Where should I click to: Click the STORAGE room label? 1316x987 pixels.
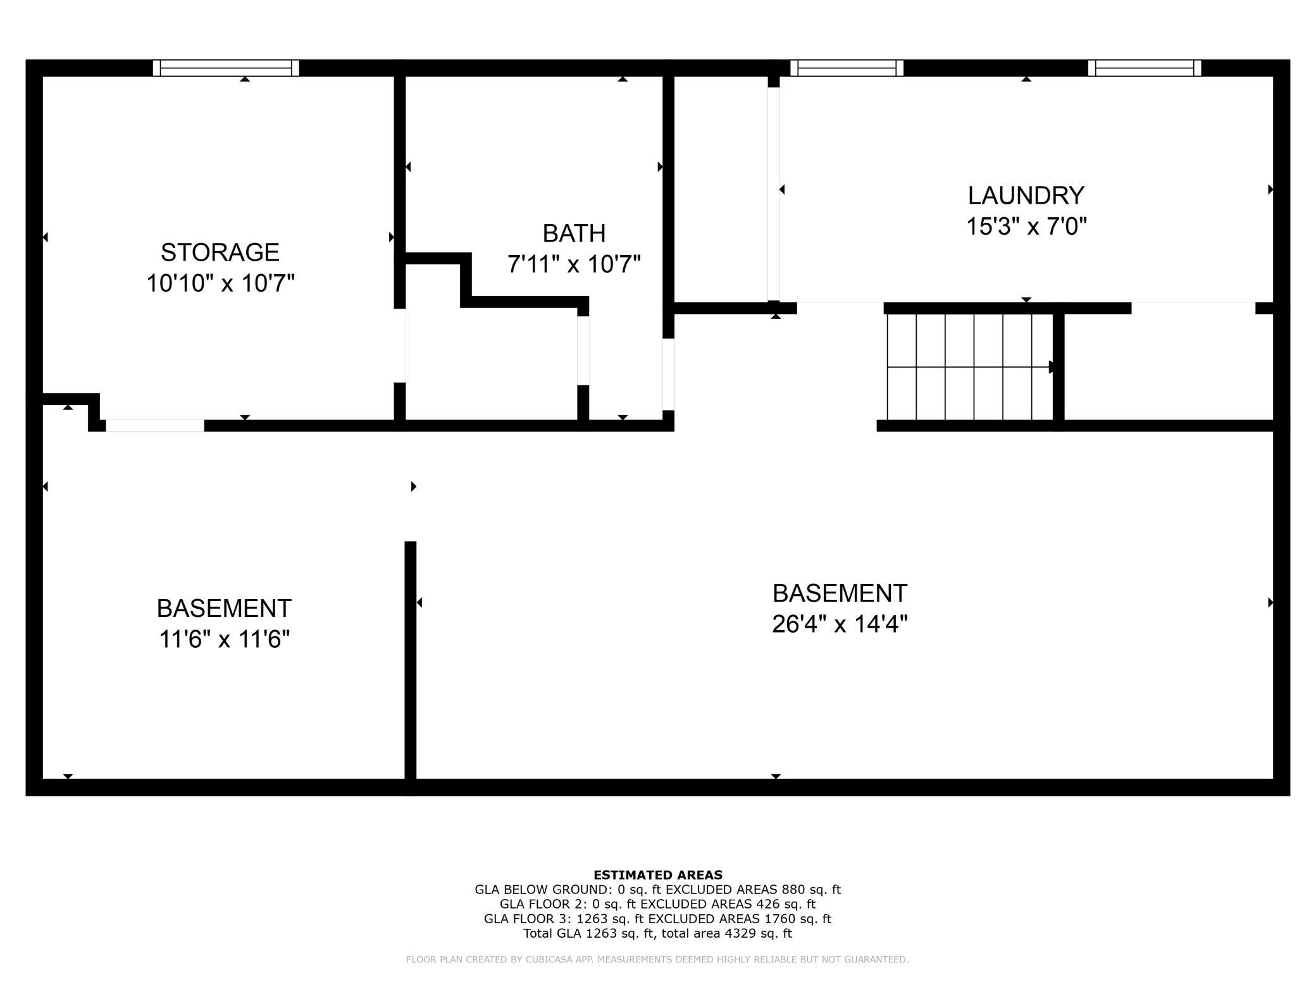(220, 252)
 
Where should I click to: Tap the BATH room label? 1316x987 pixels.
(574, 233)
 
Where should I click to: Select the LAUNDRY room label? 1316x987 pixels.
(1026, 196)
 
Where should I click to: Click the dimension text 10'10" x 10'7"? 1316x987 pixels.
(220, 283)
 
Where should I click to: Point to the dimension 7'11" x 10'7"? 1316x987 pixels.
(574, 264)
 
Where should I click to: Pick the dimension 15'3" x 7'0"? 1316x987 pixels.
(1026, 226)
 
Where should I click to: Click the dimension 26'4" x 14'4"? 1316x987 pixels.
(840, 624)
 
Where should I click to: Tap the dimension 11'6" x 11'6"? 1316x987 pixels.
(224, 640)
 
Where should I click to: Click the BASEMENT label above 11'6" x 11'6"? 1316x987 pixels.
(224, 609)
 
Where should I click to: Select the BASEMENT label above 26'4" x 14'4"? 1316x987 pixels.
(840, 593)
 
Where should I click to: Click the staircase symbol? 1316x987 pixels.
(970, 366)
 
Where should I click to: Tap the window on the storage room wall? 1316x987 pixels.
(226, 68)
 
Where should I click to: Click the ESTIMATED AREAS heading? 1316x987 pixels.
(658, 875)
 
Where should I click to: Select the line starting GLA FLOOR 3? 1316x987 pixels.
(657, 919)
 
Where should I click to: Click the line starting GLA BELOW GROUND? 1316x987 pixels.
(657, 890)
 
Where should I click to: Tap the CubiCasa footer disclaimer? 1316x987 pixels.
(657, 960)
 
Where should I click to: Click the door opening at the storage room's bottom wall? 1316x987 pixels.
(155, 425)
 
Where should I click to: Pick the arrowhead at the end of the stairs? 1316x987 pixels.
(1052, 367)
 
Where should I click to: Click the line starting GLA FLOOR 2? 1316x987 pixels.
(657, 904)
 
